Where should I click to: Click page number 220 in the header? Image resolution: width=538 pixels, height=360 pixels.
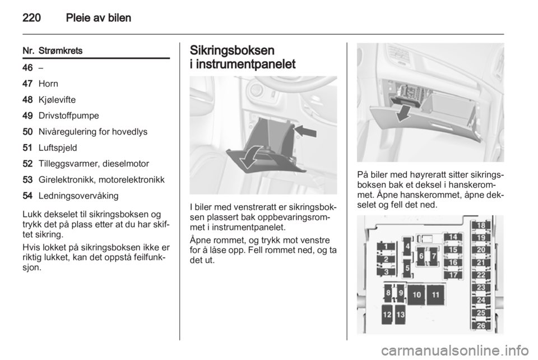[31, 17]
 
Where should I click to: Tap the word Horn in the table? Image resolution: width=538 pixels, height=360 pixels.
[48, 84]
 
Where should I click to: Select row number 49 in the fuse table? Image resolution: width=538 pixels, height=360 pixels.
[27, 116]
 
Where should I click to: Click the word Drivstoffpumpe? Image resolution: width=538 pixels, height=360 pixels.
[68, 116]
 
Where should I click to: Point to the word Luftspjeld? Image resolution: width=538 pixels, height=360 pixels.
[58, 148]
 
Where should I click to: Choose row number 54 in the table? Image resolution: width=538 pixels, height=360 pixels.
[27, 196]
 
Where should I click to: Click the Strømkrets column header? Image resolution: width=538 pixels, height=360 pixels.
[61, 51]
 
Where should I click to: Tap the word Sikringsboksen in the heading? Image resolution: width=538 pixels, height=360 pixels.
[232, 50]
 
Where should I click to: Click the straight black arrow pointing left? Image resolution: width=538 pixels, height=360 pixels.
[305, 131]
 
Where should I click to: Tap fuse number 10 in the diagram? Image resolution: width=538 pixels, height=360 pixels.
[416, 295]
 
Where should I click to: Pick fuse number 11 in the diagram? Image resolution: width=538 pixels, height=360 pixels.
[435, 295]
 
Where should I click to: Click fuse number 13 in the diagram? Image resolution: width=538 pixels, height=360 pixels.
[400, 315]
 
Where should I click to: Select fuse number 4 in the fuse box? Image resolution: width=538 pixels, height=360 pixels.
[407, 246]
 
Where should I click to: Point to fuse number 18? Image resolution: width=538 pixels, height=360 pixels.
[481, 225]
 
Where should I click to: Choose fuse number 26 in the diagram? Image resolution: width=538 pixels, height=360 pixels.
[481, 325]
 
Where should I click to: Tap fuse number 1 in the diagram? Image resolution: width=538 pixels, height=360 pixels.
[386, 246]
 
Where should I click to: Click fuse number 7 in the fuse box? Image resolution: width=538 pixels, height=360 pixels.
[434, 256]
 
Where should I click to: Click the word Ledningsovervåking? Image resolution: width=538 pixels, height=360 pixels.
[78, 196]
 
